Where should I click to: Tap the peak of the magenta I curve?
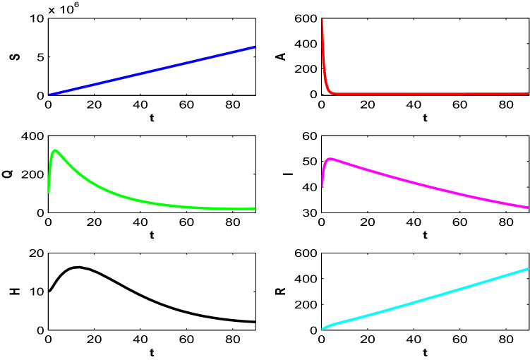pyautogui.click(x=330, y=159)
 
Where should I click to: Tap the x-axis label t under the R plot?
pyautogui.click(x=425, y=350)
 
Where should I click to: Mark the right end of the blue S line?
pyautogui.click(x=255, y=47)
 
